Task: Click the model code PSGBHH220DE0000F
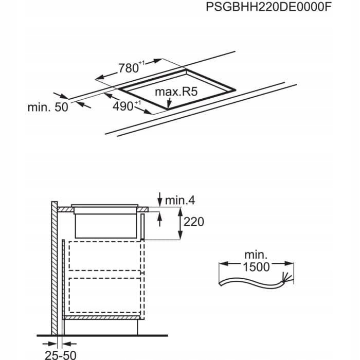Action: click(x=268, y=7)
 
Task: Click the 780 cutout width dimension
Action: click(x=131, y=67)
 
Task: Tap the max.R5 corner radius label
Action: click(x=176, y=92)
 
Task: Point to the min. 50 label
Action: click(x=48, y=107)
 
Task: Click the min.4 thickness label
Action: click(x=180, y=200)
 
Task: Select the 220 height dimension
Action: click(x=193, y=222)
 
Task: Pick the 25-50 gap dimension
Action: click(x=60, y=355)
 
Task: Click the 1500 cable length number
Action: click(x=256, y=267)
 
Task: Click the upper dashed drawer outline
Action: click(x=104, y=256)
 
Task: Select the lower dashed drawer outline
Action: click(x=104, y=295)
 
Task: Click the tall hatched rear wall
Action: click(x=55, y=268)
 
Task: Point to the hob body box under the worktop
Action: click(x=105, y=226)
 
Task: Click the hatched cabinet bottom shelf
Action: click(x=102, y=317)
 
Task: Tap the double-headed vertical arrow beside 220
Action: click(x=180, y=223)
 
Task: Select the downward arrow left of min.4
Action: click(x=160, y=200)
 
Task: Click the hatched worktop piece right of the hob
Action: click(x=142, y=209)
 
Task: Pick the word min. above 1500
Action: click(x=256, y=255)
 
